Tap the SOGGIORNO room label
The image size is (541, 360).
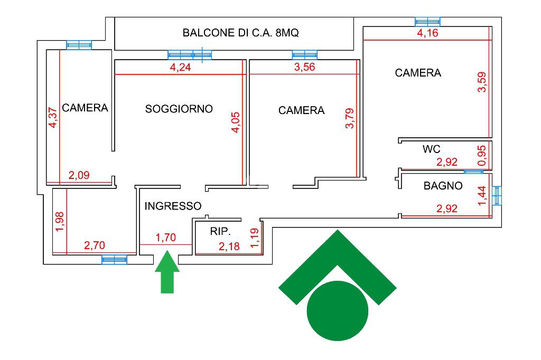pyautogui.click(x=179, y=109)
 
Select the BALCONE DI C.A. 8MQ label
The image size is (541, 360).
pyautogui.click(x=240, y=33)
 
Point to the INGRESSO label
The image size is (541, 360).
pyautogui.click(x=173, y=206)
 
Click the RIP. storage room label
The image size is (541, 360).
pyautogui.click(x=220, y=231)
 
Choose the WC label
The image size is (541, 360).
pyautogui.click(x=431, y=149)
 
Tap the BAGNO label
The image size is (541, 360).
pyautogui.click(x=443, y=186)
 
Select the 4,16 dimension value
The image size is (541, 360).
pyautogui.click(x=427, y=34)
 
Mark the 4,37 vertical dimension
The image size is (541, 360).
pyautogui.click(x=53, y=117)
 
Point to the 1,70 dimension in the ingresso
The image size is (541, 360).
pyautogui.click(x=165, y=238)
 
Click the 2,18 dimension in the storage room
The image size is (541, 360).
pyautogui.click(x=229, y=246)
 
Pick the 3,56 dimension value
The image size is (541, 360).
pyautogui.click(x=304, y=67)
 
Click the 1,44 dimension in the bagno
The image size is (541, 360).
pyautogui.click(x=481, y=196)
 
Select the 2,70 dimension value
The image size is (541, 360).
pyautogui.click(x=95, y=245)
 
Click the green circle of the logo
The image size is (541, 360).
pyautogui.click(x=337, y=311)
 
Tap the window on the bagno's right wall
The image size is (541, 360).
pyautogui.click(x=497, y=196)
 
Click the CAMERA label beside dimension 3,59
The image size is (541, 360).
pyautogui.click(x=418, y=73)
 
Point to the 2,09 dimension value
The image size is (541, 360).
pyautogui.click(x=79, y=176)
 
